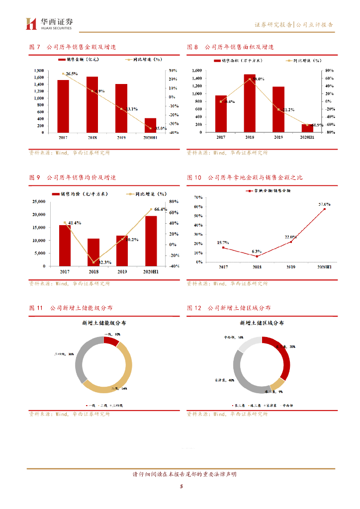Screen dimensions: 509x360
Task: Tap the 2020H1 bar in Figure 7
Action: coord(150,125)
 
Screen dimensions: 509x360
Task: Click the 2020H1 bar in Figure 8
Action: coord(307,128)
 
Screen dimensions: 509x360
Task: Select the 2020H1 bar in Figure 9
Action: coord(150,241)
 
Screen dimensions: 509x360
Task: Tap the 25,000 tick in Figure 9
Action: coord(38,202)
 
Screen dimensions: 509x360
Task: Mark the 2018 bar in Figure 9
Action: coord(93,252)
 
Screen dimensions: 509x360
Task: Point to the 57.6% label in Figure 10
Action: coord(324,204)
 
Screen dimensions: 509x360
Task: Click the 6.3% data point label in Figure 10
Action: coord(257,252)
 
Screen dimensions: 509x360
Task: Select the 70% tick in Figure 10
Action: coord(197,197)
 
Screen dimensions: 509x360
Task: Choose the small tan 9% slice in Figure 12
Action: coord(277,384)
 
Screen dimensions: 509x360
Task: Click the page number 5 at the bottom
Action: coord(181,487)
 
